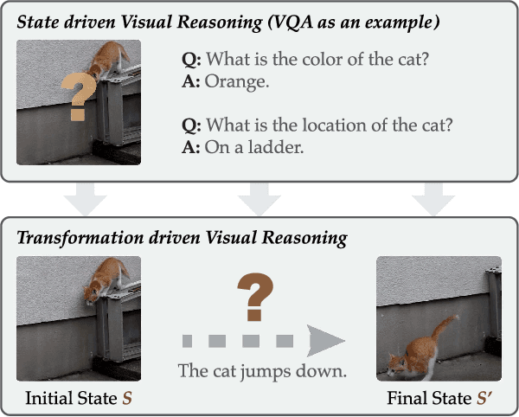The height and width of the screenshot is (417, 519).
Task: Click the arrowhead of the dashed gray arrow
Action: [324, 340]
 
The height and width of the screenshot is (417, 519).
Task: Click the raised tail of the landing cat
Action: [446, 328]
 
